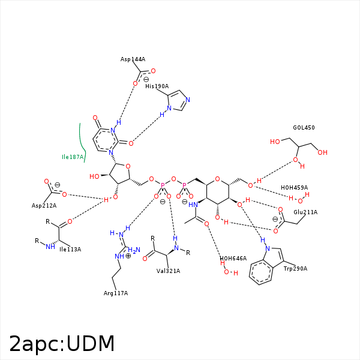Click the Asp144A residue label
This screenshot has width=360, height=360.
pos(133,59)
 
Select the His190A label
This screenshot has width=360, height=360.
pos(157,86)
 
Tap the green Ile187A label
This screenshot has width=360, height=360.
pos(73,157)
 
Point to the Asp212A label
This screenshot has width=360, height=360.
pos(44,206)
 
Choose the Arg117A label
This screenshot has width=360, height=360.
pos(115,293)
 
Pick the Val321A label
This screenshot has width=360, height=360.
pos(168,271)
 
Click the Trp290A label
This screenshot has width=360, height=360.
pos(295,268)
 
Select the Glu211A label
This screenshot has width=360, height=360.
pos(305,212)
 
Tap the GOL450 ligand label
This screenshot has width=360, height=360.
pos(304,128)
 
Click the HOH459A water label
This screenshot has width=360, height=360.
pos(294,187)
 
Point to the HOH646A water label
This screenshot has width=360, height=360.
pos(233,259)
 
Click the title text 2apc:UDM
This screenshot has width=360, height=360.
pos(62,343)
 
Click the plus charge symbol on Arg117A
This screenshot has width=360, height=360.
pos(128,256)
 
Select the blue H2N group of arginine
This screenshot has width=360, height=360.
pos(133,250)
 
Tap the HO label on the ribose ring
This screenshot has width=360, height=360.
pos(94,176)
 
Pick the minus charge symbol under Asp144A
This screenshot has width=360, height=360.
pos(146,79)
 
